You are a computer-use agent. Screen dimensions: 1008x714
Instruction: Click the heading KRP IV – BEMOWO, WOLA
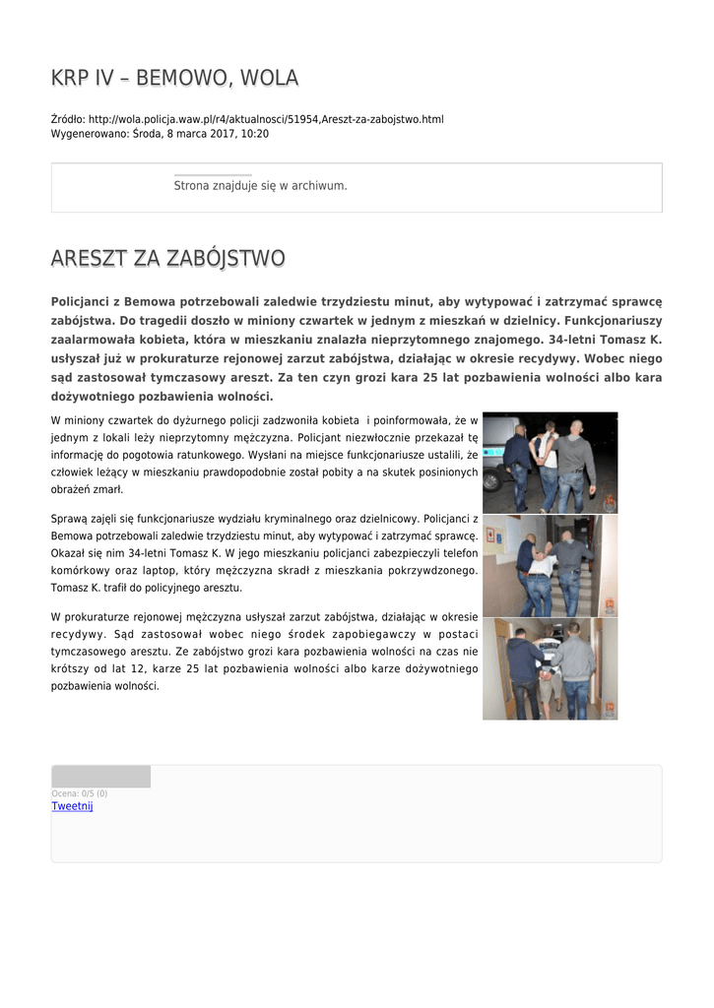pos(174,78)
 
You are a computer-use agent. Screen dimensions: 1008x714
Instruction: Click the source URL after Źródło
pos(266,119)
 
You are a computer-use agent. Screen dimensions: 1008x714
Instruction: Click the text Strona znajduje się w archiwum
pos(260,185)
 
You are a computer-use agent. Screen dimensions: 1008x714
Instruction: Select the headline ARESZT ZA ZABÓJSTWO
pos(167,259)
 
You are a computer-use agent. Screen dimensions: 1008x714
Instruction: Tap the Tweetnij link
pos(72,806)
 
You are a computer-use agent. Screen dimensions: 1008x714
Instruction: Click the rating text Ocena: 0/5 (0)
pos(79,793)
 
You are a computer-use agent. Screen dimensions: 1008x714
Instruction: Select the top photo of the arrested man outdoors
pos(550,462)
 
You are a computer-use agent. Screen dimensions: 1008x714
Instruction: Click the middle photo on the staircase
pos(550,565)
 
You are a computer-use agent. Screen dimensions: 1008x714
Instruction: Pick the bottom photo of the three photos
pos(550,668)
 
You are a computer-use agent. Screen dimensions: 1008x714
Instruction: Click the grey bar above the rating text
pos(100,777)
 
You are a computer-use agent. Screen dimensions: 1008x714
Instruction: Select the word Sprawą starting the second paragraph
pos(71,518)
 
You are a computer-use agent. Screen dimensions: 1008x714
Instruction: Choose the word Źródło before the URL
pos(67,119)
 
